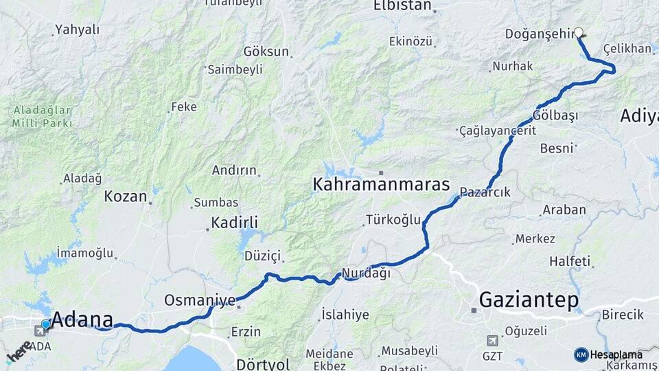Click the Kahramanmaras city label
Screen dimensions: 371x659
381,184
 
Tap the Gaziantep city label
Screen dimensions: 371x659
529,300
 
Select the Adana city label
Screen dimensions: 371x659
82,319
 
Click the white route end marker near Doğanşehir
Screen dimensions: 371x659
579,32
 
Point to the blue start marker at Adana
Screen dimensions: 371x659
46,324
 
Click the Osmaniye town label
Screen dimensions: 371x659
200,300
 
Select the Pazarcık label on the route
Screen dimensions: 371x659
485,192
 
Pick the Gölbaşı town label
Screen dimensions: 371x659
555,115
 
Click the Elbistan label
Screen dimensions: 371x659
402,6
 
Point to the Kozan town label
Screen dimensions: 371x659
126,196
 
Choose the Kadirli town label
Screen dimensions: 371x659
235,223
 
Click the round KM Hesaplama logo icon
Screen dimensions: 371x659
581,355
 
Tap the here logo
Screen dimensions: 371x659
19,352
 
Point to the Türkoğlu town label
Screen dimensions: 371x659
393,220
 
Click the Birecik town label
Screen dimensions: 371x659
623,315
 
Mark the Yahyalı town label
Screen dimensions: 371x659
77,30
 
